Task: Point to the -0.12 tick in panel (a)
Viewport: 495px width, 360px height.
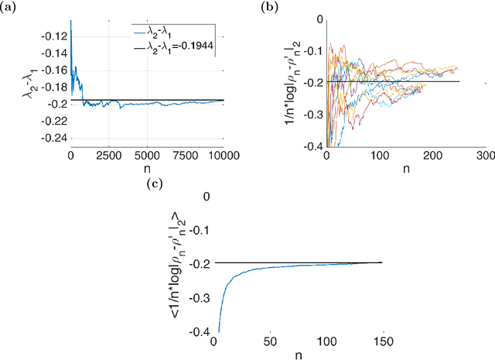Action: (54, 36)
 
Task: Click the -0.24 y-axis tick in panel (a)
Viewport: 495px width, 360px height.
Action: (54, 139)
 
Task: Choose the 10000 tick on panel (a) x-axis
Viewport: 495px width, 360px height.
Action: (223, 155)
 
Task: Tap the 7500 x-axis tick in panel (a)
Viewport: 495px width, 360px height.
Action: (186, 155)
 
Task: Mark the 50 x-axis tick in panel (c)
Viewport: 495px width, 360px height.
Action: (269, 341)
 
